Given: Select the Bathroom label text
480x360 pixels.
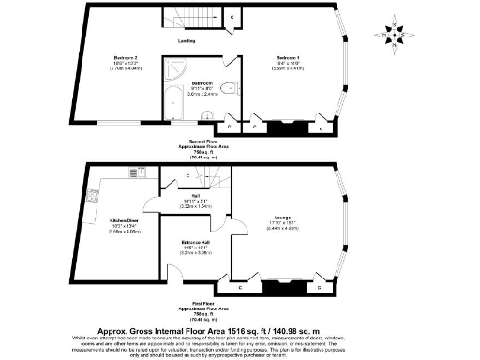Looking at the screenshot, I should point(202,83).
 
